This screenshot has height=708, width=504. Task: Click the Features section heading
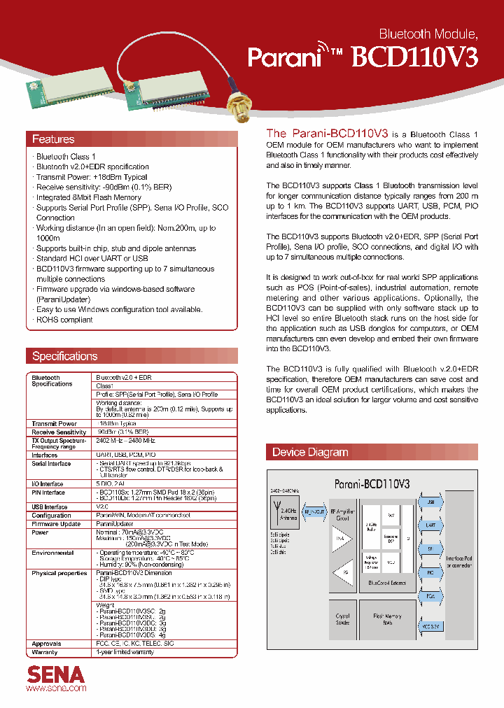click(54, 139)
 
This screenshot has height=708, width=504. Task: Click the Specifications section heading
click(65, 356)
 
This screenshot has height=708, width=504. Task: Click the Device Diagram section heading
click(310, 452)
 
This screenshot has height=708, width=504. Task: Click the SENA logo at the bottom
click(56, 674)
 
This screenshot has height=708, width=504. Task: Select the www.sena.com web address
click(56, 689)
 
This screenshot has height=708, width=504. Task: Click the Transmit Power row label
click(55, 423)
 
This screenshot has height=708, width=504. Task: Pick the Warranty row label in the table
click(45, 651)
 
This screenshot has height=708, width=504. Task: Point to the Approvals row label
click(47, 643)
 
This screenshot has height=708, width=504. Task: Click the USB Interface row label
click(50, 507)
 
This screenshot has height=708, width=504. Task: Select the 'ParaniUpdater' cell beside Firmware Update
click(114, 523)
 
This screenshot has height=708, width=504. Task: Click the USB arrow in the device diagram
click(430, 502)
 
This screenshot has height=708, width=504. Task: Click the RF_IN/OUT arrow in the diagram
click(315, 512)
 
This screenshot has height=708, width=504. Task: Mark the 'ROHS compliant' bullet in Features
click(64, 320)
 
